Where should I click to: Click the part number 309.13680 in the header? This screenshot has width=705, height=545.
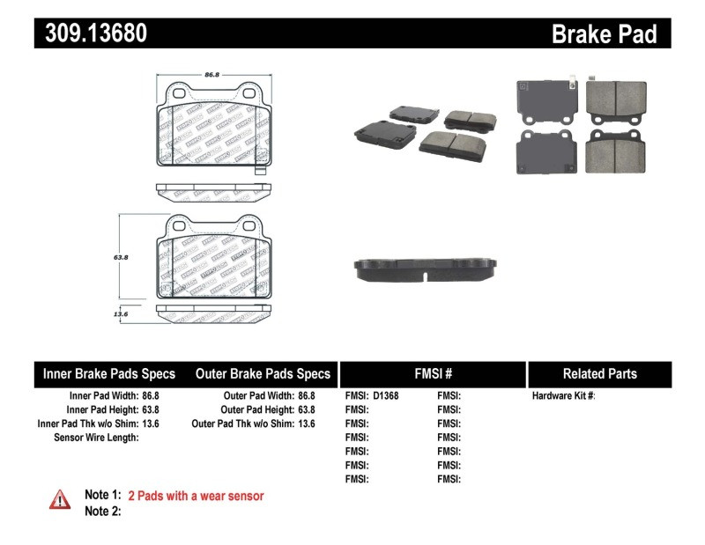click(x=91, y=33)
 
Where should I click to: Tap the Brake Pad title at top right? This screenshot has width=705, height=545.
click(x=604, y=33)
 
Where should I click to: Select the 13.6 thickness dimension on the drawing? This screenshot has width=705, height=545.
click(x=122, y=313)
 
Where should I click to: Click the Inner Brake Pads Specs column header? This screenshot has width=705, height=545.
click(x=109, y=374)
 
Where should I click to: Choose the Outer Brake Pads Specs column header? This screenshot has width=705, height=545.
click(x=263, y=374)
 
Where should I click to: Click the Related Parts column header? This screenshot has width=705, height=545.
click(x=599, y=374)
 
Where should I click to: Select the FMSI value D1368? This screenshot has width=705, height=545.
click(x=386, y=396)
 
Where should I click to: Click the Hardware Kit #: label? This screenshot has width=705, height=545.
click(x=564, y=396)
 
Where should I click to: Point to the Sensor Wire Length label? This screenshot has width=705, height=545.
click(x=96, y=438)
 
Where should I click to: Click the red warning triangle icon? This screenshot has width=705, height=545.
click(x=60, y=499)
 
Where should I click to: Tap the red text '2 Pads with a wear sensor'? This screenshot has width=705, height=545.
click(x=196, y=496)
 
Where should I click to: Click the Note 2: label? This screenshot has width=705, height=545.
click(x=102, y=511)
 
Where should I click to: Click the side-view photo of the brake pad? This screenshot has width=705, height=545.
click(x=427, y=269)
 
